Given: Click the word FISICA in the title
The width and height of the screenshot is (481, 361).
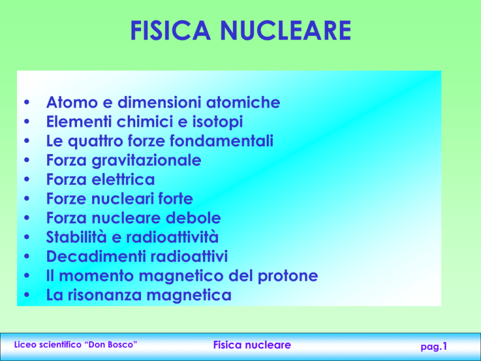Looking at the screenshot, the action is coord(170,30).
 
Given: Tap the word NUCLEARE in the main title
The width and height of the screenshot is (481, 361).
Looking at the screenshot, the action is coord(286,30).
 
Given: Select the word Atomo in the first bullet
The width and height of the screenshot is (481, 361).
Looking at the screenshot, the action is coord(72,102).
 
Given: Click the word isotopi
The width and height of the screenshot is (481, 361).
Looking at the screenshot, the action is coord(217,122).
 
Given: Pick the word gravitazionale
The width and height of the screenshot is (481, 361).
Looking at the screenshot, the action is coord(147,160).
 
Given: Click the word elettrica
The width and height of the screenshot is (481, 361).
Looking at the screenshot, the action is coord(123,180).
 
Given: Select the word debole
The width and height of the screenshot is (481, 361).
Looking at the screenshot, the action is coord(194,218).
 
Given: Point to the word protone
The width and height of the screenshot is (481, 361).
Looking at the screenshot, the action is coord(287,276).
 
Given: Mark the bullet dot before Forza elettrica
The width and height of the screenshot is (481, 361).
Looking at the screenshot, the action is coord(27,179).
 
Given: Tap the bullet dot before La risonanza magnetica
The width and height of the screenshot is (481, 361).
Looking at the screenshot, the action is coord(27,295).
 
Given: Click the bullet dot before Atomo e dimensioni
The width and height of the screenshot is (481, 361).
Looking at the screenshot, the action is coord(27,102).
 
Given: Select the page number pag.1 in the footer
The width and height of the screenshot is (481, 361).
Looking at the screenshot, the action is coord(434,347).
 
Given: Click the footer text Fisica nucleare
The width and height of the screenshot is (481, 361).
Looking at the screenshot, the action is coord(252,345).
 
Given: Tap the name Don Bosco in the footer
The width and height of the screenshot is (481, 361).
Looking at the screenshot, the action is coord(112,345).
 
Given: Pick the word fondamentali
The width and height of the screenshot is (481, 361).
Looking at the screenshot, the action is coord(221,141).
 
